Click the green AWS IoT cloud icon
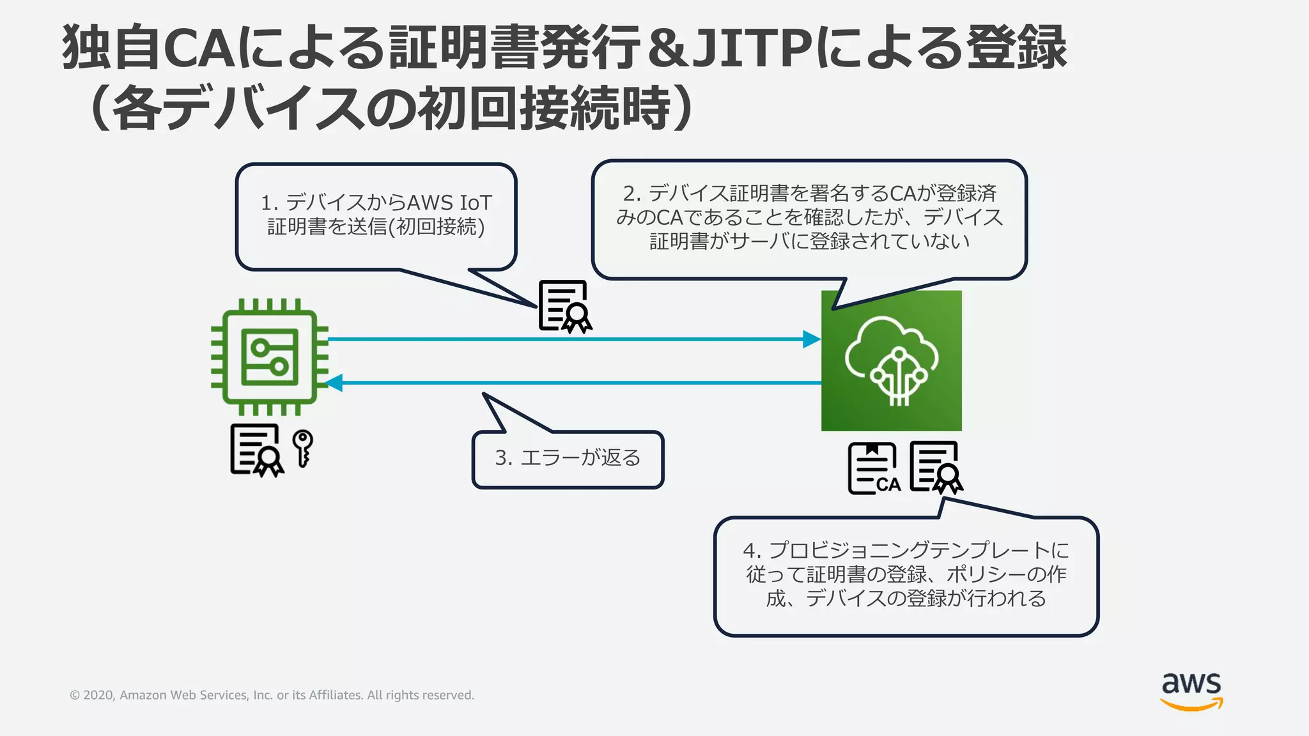pyautogui.click(x=891, y=360)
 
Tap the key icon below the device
pyautogui.click(x=302, y=448)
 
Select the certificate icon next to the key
pyautogui.click(x=256, y=450)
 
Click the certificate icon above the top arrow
pyautogui.click(x=564, y=307)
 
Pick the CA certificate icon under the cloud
pyautogui.click(x=874, y=469)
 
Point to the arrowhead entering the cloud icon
pyautogui.click(x=812, y=339)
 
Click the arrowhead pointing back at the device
pyautogui.click(x=334, y=383)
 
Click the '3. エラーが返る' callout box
pyautogui.click(x=568, y=459)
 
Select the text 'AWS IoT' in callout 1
pyautogui.click(x=449, y=203)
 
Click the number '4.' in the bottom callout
pyautogui.click(x=752, y=550)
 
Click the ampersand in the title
pyautogui.click(x=667, y=48)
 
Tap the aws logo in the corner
pyautogui.click(x=1191, y=691)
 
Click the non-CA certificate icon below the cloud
pyautogui.click(x=936, y=468)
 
